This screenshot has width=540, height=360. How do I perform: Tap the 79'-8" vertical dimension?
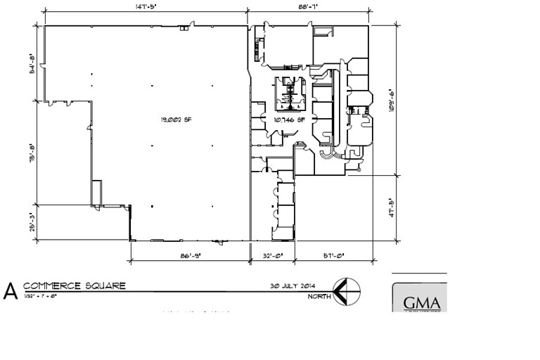(x=32, y=153)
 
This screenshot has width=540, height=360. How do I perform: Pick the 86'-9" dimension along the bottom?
(x=191, y=257)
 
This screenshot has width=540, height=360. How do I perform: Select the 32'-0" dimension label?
(x=272, y=257)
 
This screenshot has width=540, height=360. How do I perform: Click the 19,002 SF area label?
(x=176, y=120)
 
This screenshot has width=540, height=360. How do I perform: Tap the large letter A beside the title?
(x=11, y=292)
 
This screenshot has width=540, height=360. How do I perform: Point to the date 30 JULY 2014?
(x=293, y=285)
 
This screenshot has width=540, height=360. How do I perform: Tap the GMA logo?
(x=420, y=302)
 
